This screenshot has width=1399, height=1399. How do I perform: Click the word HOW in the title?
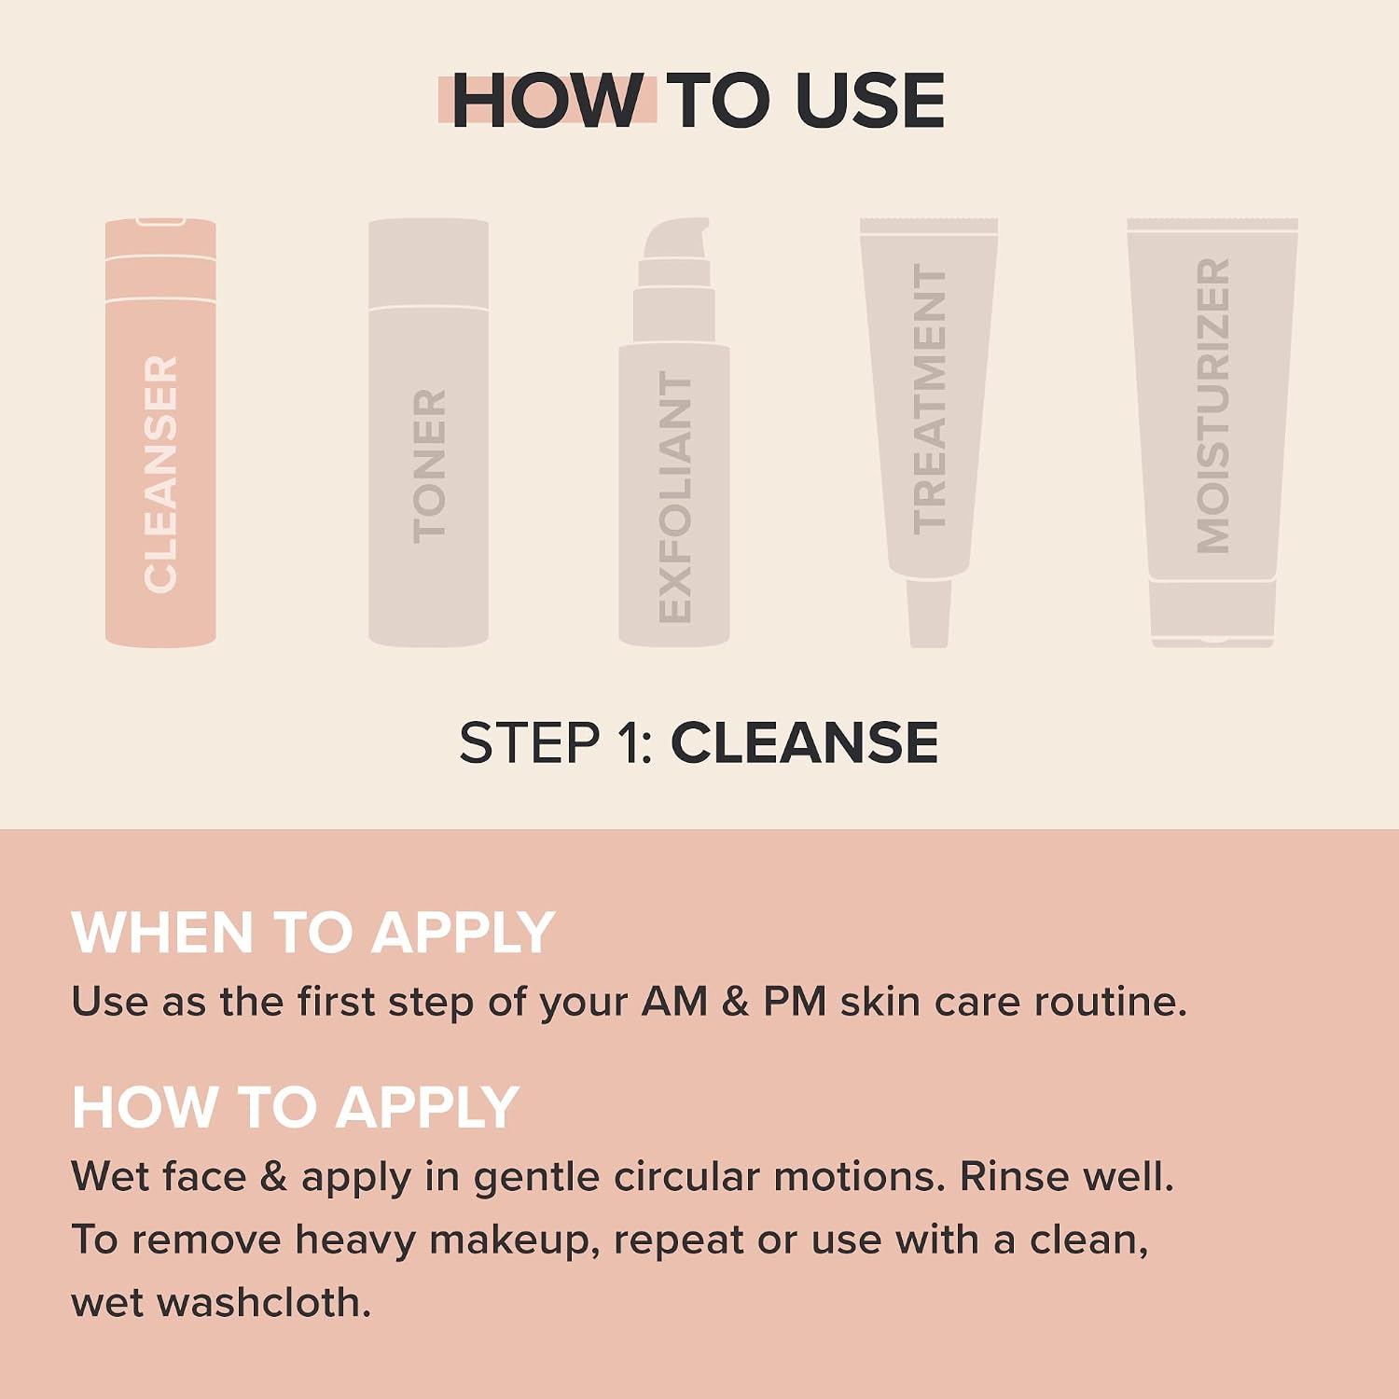(x=547, y=100)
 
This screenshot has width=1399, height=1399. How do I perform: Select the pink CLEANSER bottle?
(x=160, y=433)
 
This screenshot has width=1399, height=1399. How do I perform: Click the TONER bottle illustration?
(x=428, y=433)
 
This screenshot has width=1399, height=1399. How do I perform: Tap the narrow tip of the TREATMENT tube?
(x=929, y=612)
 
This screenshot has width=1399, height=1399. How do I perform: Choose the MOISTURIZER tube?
(x=1212, y=433)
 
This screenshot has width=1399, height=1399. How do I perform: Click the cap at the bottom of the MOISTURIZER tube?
(x=1212, y=613)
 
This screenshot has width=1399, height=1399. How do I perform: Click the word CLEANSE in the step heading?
(x=804, y=743)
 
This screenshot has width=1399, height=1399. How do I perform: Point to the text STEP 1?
(x=556, y=743)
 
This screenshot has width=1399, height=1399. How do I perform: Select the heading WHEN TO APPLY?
(x=313, y=932)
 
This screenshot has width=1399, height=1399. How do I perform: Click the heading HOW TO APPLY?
(x=296, y=1107)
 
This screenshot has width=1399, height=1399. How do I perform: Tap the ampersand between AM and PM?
(x=735, y=1002)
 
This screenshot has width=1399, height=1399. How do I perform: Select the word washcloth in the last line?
(x=264, y=1303)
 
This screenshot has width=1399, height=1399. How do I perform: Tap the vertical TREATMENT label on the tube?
(x=929, y=398)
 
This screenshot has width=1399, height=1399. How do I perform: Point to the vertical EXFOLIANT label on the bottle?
(x=674, y=497)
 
